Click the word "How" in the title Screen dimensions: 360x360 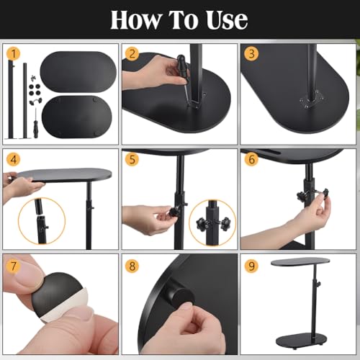(x=135, y=19)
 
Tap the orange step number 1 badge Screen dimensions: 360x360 (x=14, y=54)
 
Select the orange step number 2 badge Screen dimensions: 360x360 (x=132, y=53)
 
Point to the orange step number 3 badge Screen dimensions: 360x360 (x=251, y=53)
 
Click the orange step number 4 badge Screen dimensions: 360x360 (x=14, y=159)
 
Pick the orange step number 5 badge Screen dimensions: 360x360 (x=132, y=159)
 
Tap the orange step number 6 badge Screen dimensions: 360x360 (x=251, y=159)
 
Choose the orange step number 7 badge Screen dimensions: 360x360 (x=14, y=266)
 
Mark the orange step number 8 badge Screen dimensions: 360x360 (x=132, y=266)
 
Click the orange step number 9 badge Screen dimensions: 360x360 (x=251, y=266)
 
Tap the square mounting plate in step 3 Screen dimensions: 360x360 (x=312, y=99)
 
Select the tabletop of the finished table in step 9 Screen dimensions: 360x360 (x=300, y=261)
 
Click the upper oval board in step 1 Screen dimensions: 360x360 (x=78, y=71)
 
